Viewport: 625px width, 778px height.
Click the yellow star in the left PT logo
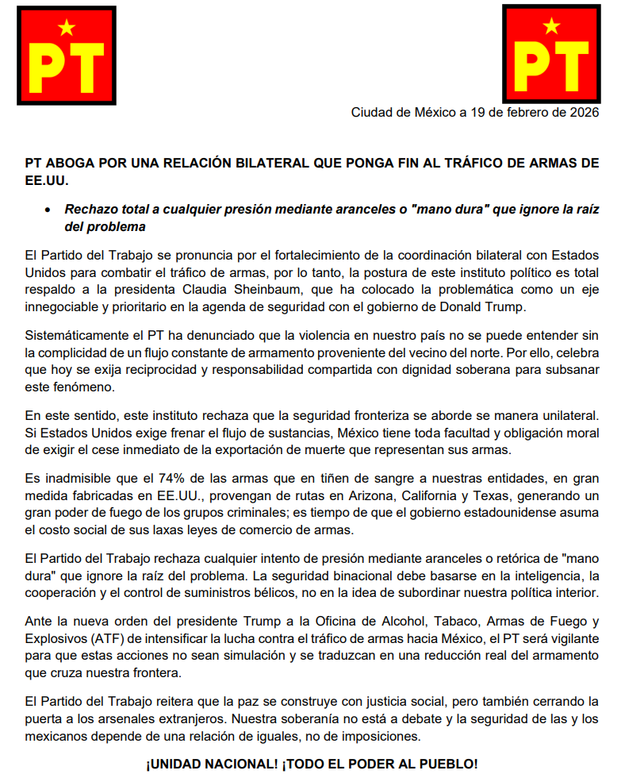pos(67,29)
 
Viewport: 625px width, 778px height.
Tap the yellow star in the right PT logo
pos(552,26)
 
